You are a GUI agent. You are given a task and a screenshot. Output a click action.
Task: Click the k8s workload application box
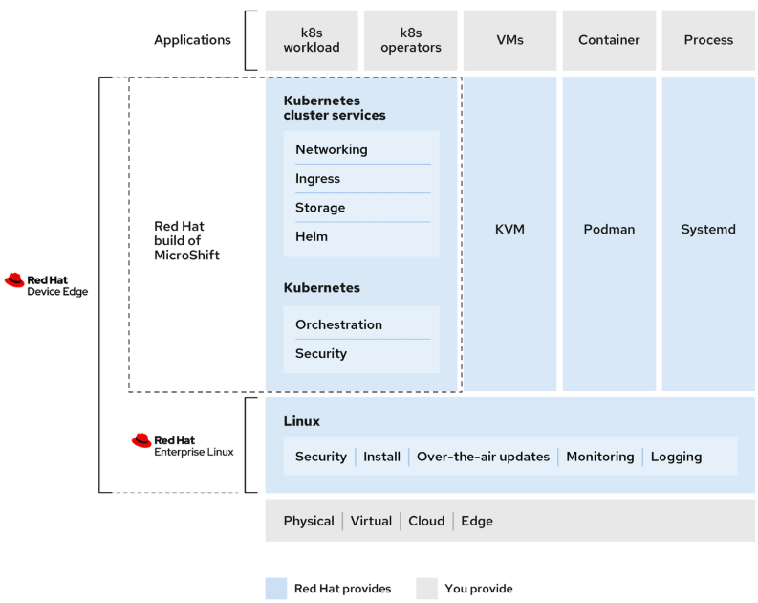coord(312,40)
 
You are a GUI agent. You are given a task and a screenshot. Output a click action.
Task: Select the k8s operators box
coord(411,40)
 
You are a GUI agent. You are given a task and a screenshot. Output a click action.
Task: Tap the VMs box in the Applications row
coord(509,40)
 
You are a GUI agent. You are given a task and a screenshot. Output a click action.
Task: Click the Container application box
coord(609,40)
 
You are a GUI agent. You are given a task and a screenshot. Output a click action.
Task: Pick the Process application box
coord(708,40)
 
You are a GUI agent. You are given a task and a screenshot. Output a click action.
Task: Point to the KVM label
coord(509,230)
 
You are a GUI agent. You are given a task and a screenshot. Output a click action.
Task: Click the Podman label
coord(609,230)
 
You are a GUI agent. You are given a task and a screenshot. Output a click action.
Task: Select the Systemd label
coord(708,230)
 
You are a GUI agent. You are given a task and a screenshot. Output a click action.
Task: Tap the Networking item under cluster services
coord(332,150)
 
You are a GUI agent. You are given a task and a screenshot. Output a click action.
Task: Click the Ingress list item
coord(318,179)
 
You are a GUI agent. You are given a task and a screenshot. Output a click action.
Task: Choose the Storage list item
coord(320,208)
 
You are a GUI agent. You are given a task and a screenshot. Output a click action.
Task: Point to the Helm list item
coord(312,236)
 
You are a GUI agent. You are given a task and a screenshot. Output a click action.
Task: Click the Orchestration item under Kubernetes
coord(338,324)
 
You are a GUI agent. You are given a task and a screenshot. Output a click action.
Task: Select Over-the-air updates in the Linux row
coord(483,457)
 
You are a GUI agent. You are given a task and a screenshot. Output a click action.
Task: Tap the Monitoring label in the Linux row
coord(599,457)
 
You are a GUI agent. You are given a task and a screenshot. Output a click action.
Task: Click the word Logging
coord(676,457)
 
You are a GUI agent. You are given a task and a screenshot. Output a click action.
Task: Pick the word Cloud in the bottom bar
coord(426,522)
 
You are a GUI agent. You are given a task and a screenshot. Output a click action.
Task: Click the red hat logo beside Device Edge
coord(14,279)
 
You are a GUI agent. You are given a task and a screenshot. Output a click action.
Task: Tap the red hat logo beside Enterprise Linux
coord(141,440)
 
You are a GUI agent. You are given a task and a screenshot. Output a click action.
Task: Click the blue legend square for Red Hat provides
coord(276,589)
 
